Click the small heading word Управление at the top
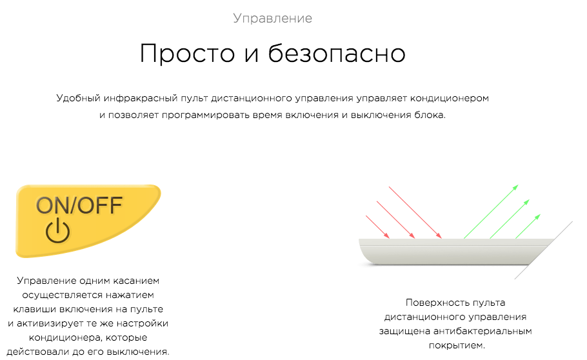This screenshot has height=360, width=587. (272, 18)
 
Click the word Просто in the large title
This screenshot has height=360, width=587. (187, 53)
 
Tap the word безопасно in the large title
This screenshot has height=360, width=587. (337, 53)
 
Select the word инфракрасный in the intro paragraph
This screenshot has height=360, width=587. (141, 99)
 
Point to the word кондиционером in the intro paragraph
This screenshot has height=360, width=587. (449, 99)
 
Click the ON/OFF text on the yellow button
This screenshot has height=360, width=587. (79, 205)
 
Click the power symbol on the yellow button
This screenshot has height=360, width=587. (57, 231)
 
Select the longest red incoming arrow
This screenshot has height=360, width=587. (415, 212)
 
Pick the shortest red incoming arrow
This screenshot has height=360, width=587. (377, 226)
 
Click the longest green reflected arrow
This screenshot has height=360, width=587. (491, 212)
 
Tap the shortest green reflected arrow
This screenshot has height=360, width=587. (528, 226)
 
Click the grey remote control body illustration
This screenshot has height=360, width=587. (449, 252)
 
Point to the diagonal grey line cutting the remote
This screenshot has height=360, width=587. (544, 250)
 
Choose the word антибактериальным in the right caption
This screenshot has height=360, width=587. (483, 331)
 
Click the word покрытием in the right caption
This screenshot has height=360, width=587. (457, 345)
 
